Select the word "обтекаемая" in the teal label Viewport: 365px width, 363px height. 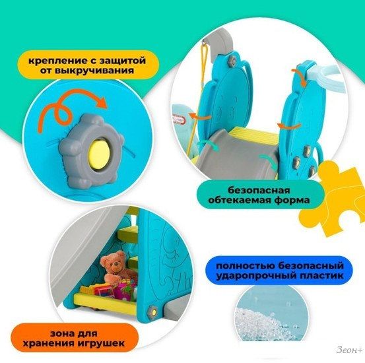coord(238,200)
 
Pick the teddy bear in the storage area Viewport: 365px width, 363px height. coord(116,266)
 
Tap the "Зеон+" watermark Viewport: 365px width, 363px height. coord(349,350)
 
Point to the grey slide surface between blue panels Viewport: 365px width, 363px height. coord(235,156)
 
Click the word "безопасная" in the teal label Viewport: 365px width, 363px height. coord(259,190)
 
